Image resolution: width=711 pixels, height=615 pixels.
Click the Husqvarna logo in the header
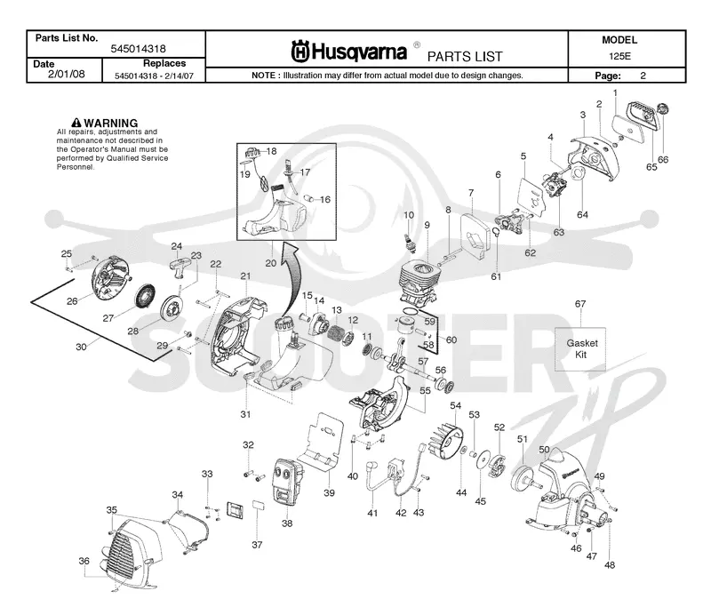point(348,52)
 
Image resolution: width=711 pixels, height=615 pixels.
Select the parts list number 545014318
point(139,49)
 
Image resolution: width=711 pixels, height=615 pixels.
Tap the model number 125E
point(619,56)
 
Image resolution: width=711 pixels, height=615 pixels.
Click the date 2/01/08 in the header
point(66,74)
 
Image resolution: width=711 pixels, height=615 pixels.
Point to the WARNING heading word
point(110,123)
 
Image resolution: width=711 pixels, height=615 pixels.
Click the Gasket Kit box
point(580,348)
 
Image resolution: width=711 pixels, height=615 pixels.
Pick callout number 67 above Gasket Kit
point(580,304)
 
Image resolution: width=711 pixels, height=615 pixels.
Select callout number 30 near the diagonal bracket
point(81,347)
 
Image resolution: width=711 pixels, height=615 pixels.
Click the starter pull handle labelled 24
point(180,265)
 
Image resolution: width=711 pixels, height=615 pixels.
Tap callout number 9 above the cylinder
point(427,225)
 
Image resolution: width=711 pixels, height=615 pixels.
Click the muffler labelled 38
point(284,481)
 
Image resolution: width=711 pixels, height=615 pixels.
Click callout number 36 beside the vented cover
point(84,561)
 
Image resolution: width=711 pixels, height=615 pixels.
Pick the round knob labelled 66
point(663,110)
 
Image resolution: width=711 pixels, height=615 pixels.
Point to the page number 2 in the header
point(643,76)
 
